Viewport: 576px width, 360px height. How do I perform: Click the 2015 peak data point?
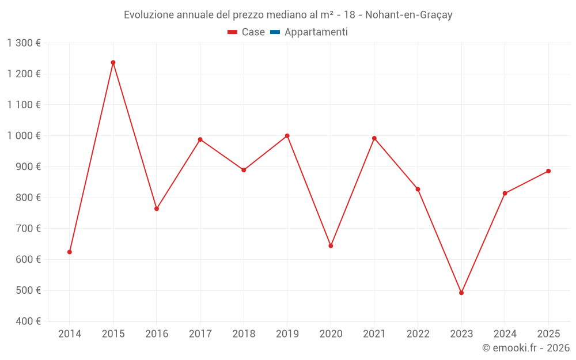(113, 62)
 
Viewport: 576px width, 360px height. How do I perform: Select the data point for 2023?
(461, 293)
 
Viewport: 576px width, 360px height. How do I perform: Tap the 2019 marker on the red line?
(287, 136)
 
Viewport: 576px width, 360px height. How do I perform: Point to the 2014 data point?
(70, 252)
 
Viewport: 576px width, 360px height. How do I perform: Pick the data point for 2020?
(331, 246)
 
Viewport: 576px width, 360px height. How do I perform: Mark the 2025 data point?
(548, 171)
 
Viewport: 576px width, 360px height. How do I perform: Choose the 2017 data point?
(200, 139)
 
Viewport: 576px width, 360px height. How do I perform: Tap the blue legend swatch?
(275, 32)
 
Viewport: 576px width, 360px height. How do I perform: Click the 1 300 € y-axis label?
(24, 43)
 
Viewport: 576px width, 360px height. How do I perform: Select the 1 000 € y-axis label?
(24, 136)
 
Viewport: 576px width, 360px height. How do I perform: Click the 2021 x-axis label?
(374, 334)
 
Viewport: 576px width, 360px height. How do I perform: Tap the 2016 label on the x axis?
(157, 334)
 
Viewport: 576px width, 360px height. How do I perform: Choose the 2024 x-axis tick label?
(505, 334)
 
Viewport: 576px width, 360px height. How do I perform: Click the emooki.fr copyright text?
(526, 348)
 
